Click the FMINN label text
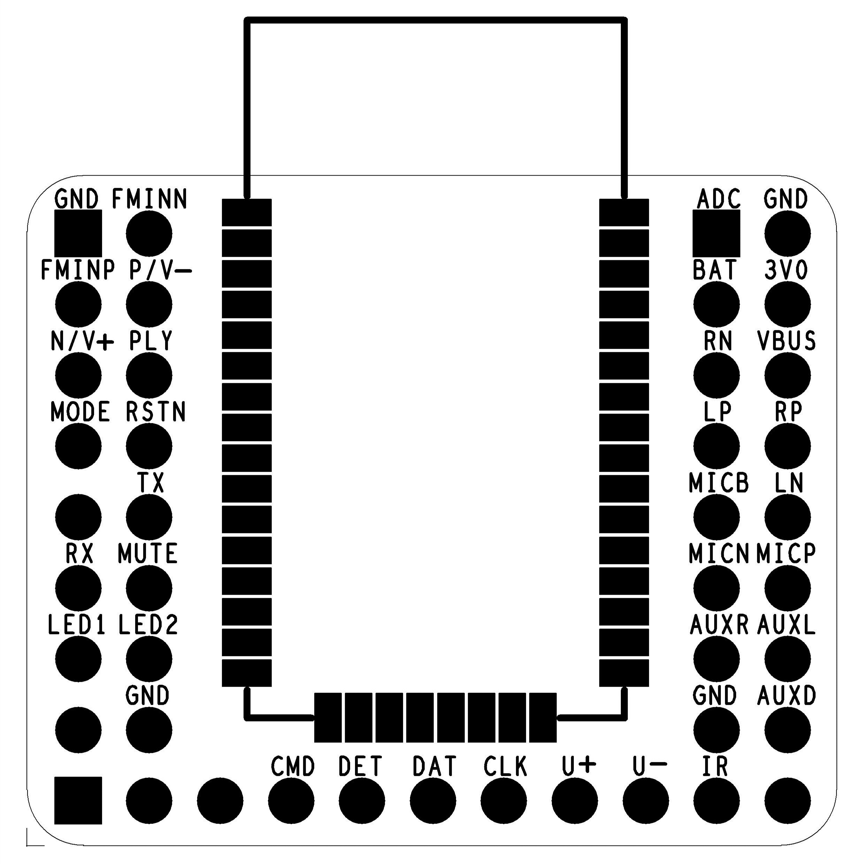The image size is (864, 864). pyautogui.click(x=149, y=199)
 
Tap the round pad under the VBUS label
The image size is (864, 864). pyautogui.click(x=787, y=375)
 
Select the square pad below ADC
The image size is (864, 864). pyautogui.click(x=716, y=233)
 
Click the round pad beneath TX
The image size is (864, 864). pyautogui.click(x=149, y=517)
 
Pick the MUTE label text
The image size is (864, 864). pyautogui.click(x=148, y=554)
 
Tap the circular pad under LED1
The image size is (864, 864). pyautogui.click(x=78, y=659)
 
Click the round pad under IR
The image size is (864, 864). pyautogui.click(x=716, y=801)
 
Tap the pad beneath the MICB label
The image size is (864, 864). pyautogui.click(x=716, y=517)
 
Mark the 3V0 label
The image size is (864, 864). pyautogui.click(x=786, y=270)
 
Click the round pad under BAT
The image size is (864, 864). pyautogui.click(x=716, y=304)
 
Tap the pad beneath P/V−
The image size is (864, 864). pyautogui.click(x=149, y=304)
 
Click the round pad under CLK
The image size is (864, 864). pyautogui.click(x=503, y=801)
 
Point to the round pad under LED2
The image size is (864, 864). pyautogui.click(x=149, y=659)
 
